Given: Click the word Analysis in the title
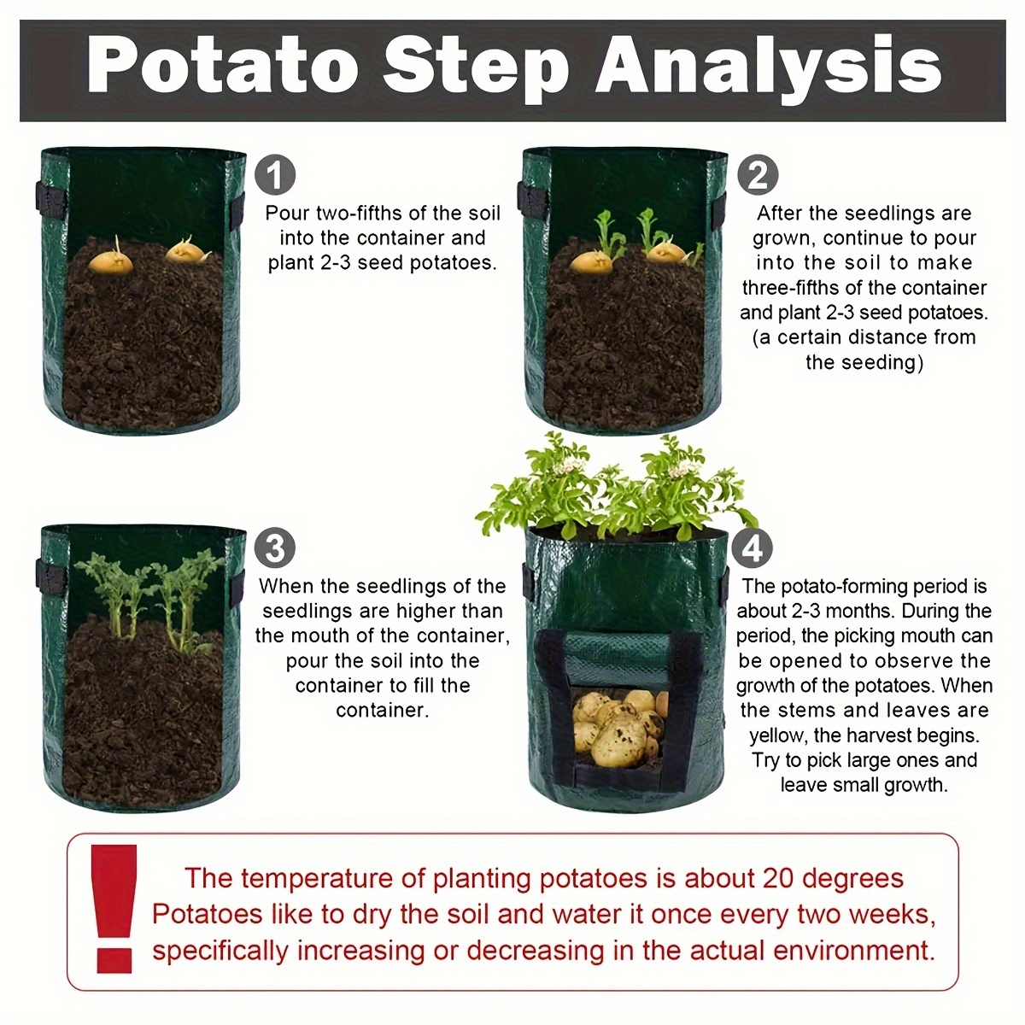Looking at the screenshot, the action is point(768,71).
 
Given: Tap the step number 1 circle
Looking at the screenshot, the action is point(275,174).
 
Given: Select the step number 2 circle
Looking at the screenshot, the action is point(758,174).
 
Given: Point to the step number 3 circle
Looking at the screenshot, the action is point(275,547).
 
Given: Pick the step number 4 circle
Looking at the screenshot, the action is point(753,547).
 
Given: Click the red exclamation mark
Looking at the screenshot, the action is point(114,909).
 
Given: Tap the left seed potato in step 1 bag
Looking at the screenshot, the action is point(110,260).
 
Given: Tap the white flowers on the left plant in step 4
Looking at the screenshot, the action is point(567,467).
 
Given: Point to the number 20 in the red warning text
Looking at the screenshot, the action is point(778,878).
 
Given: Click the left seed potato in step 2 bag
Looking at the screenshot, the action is point(591,261).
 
